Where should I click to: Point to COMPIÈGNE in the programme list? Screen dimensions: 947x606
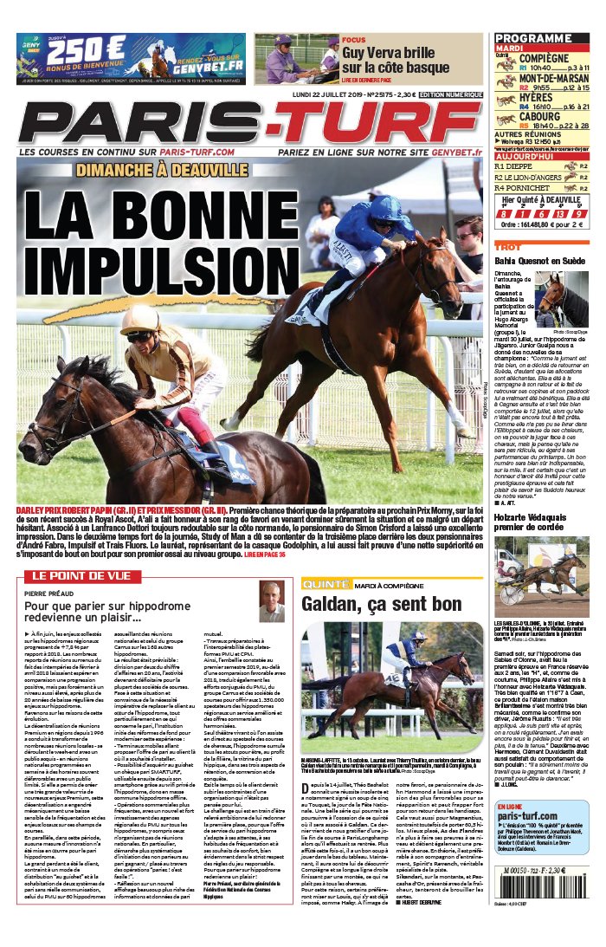click(544, 57)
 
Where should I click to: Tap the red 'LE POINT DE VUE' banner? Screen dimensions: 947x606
click(82, 575)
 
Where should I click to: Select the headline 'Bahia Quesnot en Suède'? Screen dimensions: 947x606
click(540, 260)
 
